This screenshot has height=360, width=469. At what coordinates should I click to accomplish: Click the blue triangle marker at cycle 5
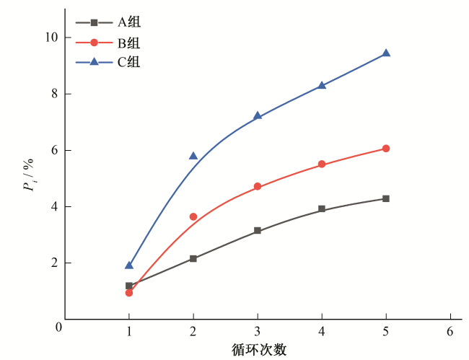(386, 53)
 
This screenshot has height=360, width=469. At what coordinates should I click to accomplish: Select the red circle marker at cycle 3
(258, 187)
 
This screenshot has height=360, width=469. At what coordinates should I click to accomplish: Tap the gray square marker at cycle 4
(322, 209)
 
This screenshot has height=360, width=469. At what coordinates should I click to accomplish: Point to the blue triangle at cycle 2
(193, 156)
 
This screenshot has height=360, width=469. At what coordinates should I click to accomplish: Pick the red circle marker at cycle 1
(129, 293)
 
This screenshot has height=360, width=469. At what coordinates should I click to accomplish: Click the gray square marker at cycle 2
(193, 258)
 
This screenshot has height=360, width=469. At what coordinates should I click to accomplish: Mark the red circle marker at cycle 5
(386, 149)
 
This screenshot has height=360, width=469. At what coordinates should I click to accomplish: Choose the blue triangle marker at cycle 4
(322, 85)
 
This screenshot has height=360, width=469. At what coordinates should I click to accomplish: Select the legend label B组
(129, 43)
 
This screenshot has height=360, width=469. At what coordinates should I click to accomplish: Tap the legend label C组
(129, 62)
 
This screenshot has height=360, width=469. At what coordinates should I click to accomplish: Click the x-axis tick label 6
(450, 333)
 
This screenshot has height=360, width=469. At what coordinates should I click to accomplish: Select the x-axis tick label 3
(258, 333)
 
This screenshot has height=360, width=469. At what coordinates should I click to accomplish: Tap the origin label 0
(58, 328)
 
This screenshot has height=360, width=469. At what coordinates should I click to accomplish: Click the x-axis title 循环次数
(259, 350)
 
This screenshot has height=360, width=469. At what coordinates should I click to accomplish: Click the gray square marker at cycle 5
(386, 198)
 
